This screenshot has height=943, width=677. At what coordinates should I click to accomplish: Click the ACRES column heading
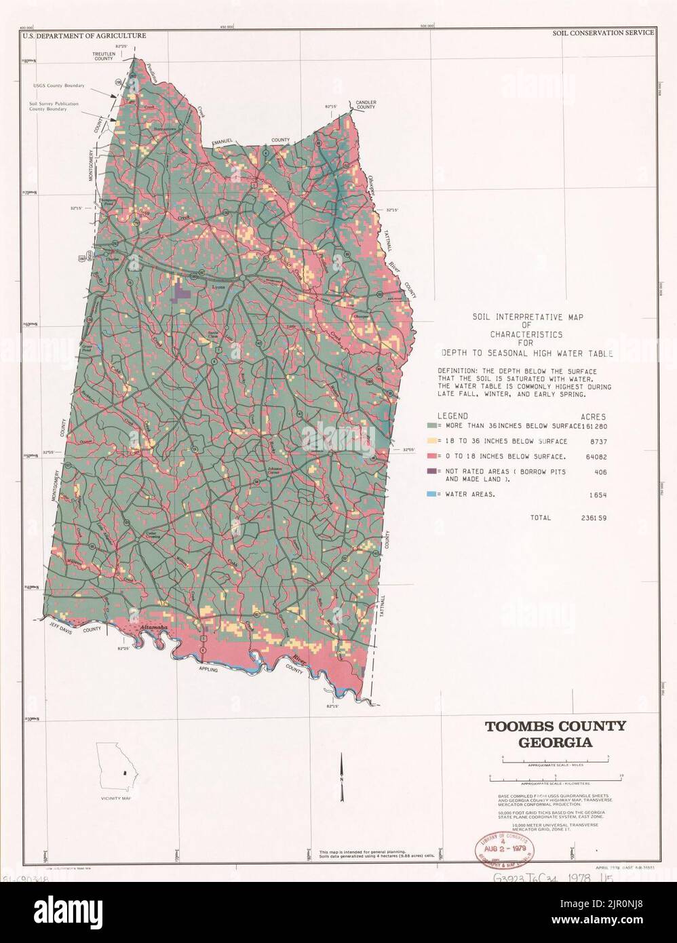pyautogui.click(x=594, y=415)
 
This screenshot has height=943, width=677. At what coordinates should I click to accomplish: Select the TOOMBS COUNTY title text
pyautogui.click(x=554, y=726)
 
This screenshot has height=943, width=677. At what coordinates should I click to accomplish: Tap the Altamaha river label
pyautogui.click(x=152, y=628)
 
